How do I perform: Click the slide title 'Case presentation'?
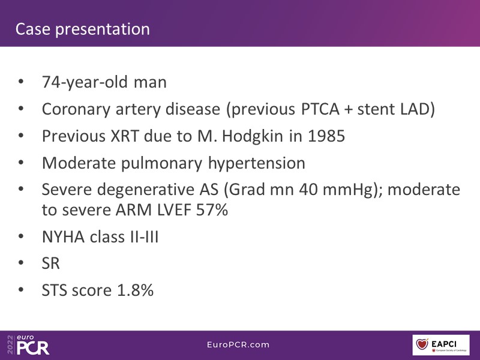pos(83,29)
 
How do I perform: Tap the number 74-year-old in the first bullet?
pos(85,82)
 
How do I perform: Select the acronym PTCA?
pos(320,109)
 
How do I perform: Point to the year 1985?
pos(326,136)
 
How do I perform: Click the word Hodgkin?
pos(253,137)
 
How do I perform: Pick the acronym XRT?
pos(125,136)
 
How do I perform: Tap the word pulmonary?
pos(161,163)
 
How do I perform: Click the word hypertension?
pos(257,163)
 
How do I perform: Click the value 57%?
pos(212,210)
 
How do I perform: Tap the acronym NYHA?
pos(63,237)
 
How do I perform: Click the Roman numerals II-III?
pos(145,237)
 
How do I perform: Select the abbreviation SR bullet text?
pos(51,263)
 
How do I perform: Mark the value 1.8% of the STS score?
pos(136,290)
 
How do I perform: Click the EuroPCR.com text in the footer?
pos(238,344)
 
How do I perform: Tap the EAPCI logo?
pos(441,345)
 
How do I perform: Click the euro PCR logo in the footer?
pos(28,344)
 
